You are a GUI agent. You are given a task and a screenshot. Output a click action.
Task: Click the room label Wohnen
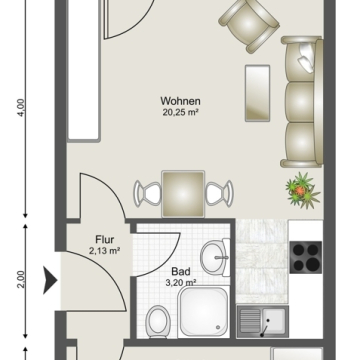point(180,101)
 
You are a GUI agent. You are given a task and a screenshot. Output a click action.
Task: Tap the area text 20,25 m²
point(180,112)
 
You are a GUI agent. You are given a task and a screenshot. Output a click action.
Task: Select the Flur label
point(105,239)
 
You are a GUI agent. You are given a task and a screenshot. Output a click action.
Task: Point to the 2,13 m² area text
point(105,251)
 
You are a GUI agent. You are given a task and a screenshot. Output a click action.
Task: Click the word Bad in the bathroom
point(181,272)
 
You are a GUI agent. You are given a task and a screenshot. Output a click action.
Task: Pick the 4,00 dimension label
point(21,108)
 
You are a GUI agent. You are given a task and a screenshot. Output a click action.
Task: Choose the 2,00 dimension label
point(21,280)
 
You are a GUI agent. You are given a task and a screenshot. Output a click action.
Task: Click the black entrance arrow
point(50,280)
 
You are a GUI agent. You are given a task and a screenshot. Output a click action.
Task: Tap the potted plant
point(303,190)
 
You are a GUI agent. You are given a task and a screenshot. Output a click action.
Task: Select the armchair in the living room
point(249,25)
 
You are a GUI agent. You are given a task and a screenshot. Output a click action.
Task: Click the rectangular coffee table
point(257,93)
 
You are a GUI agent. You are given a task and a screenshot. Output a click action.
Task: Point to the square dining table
point(183,194)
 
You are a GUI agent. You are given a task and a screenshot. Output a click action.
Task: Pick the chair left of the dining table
point(147,193)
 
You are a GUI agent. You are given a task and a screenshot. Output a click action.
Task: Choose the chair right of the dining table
point(219,193)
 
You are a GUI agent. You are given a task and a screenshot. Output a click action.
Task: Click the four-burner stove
point(306,257)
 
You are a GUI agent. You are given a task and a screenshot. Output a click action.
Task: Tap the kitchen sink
point(263,321)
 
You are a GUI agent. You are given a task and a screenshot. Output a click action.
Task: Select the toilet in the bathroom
point(159,320)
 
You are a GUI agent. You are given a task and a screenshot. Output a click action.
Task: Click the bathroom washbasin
point(215,257)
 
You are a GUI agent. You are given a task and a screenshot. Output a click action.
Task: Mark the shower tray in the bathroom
point(204,312)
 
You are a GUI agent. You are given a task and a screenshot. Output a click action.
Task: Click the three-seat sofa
point(302,102)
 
